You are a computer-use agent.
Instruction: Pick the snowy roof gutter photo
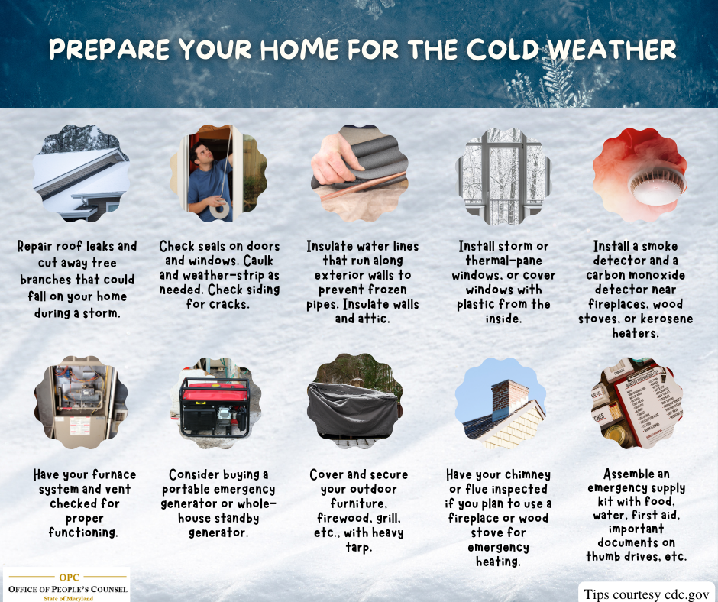coord(80,173)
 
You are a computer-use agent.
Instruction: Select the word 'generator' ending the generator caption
coord(218,532)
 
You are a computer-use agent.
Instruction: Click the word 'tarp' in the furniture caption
coord(357,547)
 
